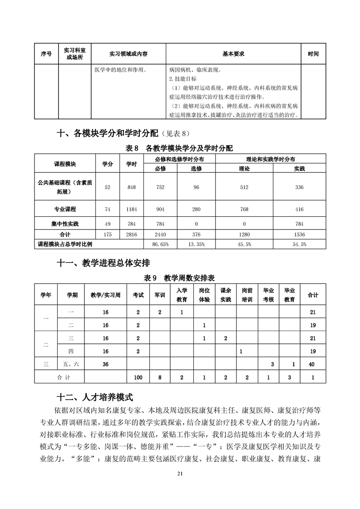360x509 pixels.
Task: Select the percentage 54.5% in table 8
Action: (x=300, y=244)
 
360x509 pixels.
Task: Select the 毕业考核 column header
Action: (x=268, y=295)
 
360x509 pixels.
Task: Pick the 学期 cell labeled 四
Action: (x=70, y=351)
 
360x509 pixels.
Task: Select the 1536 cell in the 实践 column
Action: (x=299, y=235)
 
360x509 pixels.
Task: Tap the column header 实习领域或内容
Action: (x=128, y=54)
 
